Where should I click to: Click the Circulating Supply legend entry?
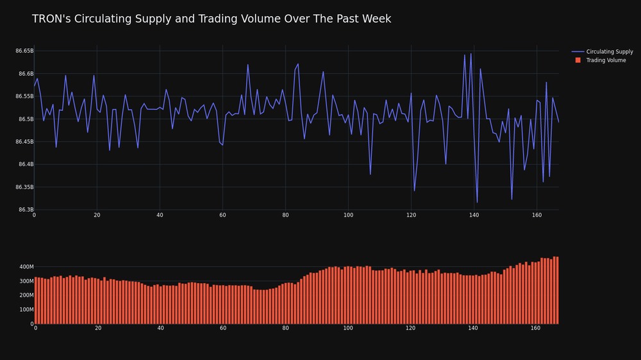[x=602, y=51]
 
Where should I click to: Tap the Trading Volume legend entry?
[x=601, y=60]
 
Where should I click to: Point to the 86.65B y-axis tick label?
[x=24, y=51]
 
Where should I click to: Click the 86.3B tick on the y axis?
[x=26, y=209]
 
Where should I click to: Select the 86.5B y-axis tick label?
[x=26, y=119]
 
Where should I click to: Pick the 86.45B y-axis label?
[x=24, y=142]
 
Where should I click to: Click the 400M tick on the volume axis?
[x=26, y=267]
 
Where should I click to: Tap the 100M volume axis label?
[x=26, y=309]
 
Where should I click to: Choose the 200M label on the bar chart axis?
[x=26, y=295]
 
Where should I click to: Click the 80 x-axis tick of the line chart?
[x=285, y=215]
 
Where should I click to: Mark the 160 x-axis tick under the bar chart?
[x=535, y=328]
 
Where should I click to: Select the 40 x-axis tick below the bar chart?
[x=161, y=328]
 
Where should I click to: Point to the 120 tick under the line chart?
[x=412, y=215]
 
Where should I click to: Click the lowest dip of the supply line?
[x=477, y=202]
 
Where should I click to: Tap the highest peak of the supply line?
[x=471, y=54]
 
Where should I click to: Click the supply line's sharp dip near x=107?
[x=370, y=174]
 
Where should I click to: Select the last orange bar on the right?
[x=557, y=290]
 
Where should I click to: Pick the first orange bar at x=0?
[x=35, y=300]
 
